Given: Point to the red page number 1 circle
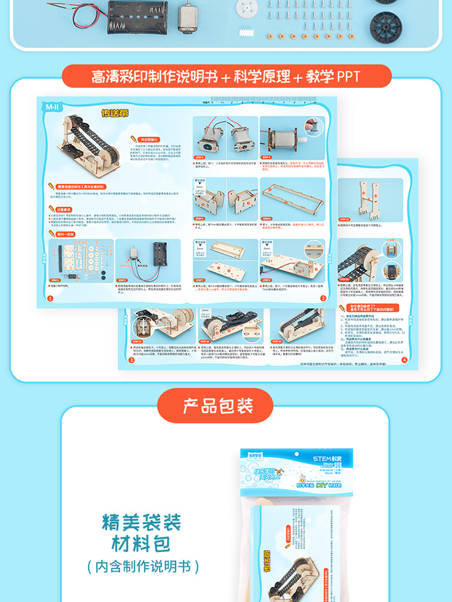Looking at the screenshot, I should pyautogui.click(x=50, y=298).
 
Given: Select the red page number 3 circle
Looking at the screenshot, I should pyautogui.click(x=131, y=359).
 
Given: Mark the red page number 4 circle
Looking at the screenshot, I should pyautogui.click(x=404, y=360).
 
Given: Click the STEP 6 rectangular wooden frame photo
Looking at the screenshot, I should pyautogui.click(x=292, y=200).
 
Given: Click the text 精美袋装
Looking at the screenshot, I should pyautogui.click(x=141, y=521).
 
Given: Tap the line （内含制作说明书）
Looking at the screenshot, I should pyautogui.click(x=142, y=566).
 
